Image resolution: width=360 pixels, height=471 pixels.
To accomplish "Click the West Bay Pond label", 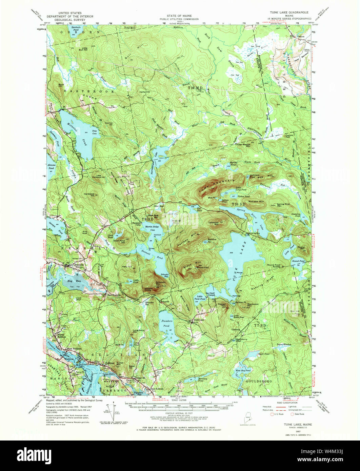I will [x=243, y=371].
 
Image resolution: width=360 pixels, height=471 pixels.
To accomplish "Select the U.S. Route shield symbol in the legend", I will [x=271, y=414].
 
